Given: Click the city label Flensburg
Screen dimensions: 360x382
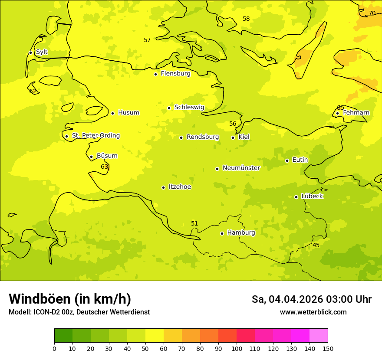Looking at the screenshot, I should click(175, 74).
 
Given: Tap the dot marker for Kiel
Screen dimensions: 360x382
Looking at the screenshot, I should click(233, 137).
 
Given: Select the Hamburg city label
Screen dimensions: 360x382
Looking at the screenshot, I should click(241, 233).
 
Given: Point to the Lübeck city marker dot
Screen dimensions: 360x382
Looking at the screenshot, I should click(296, 197).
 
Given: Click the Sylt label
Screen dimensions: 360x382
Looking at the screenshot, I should click(42, 52).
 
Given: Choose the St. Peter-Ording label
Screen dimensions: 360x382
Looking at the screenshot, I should click(95, 136).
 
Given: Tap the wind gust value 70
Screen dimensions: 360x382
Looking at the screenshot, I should click(372, 13).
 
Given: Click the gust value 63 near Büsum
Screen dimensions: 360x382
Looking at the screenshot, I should click(104, 167).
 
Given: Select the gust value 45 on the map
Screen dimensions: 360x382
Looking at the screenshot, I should click(316, 245).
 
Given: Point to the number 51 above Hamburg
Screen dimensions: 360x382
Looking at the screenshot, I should click(194, 224).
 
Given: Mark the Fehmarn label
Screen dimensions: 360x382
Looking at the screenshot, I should click(356, 113).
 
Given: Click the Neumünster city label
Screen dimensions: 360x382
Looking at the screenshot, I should click(241, 168).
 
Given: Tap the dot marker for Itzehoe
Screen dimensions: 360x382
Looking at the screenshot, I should click(163, 187).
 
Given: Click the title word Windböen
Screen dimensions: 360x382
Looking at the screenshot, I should click(40, 299).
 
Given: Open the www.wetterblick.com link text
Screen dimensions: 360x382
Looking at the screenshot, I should click(313, 312).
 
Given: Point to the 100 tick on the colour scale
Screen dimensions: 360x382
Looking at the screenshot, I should click(237, 348).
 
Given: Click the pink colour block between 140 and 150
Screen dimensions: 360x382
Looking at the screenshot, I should click(319, 336).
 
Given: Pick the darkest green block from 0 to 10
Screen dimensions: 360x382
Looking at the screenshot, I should click(63, 336).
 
